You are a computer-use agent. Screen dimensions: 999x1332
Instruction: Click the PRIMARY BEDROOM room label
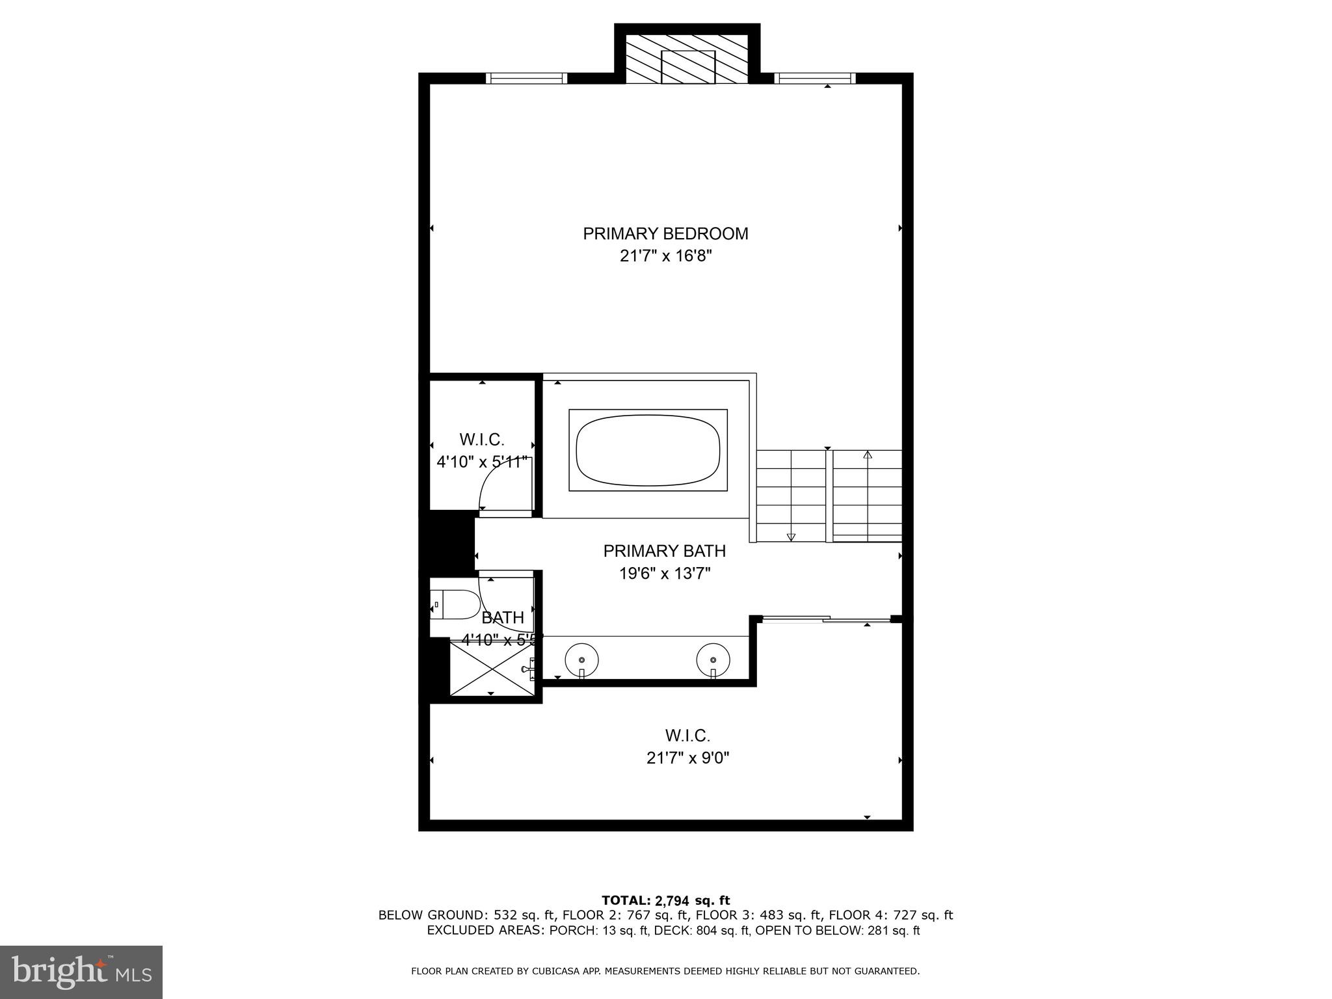(665, 233)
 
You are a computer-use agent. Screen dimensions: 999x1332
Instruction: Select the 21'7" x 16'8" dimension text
(665, 256)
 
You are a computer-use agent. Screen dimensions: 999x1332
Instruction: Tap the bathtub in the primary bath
(648, 450)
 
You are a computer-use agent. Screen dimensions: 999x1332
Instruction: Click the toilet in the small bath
(454, 605)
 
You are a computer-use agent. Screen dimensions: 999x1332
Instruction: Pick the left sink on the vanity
(581, 659)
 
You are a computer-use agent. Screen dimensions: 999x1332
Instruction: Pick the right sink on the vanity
(713, 659)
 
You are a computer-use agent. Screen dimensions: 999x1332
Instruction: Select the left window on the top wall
(526, 79)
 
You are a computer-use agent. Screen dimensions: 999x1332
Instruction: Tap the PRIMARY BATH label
(664, 551)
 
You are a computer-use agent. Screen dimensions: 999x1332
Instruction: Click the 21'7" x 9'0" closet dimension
(687, 758)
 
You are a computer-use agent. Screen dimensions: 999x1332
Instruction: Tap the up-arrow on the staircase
(867, 455)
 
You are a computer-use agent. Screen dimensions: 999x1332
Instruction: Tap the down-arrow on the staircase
(791, 537)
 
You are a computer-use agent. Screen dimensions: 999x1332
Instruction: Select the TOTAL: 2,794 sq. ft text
(665, 900)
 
